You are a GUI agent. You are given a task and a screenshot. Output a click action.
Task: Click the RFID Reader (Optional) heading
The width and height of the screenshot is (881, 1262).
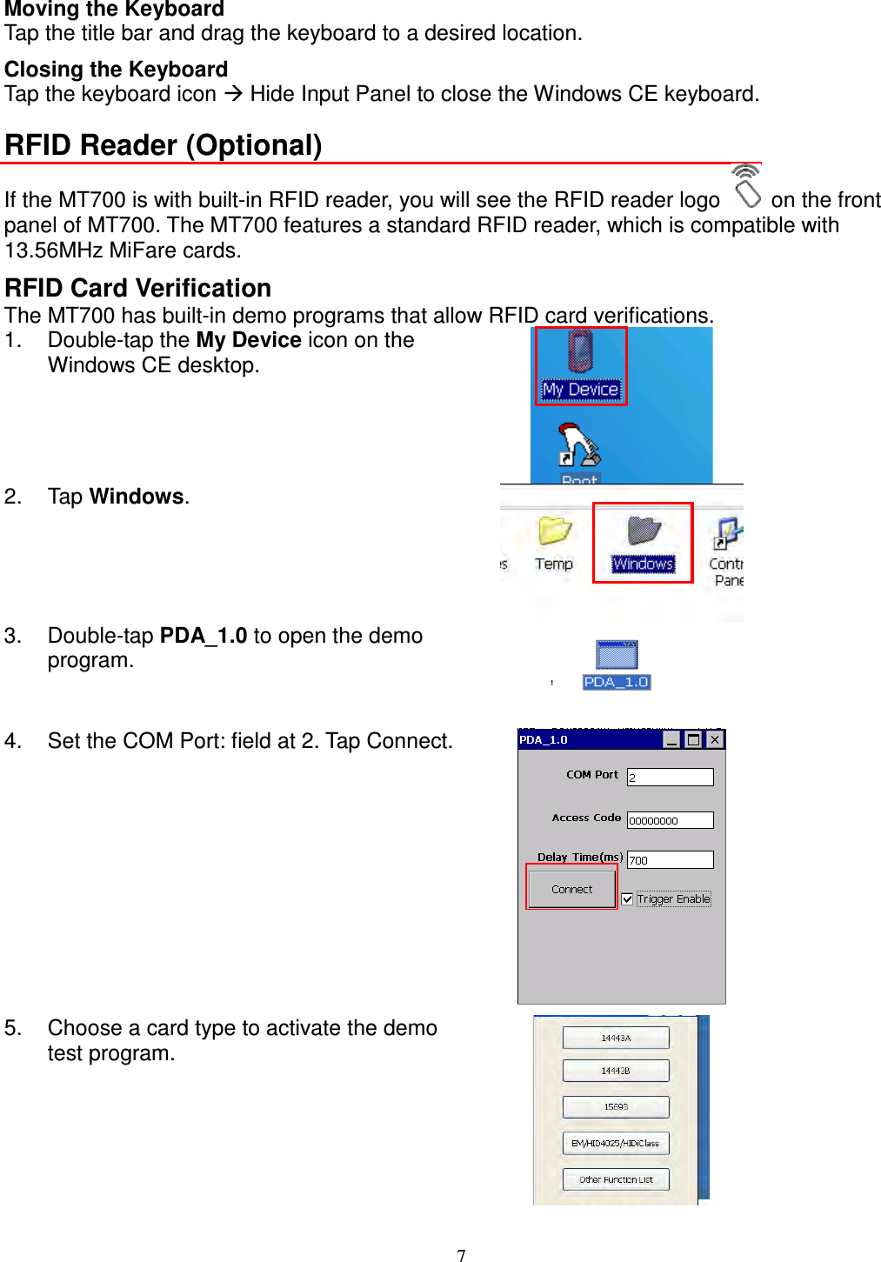[164, 145]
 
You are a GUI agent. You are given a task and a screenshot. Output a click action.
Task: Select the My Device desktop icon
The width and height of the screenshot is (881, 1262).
[580, 365]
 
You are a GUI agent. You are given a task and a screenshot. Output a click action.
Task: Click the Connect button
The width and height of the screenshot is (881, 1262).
[571, 889]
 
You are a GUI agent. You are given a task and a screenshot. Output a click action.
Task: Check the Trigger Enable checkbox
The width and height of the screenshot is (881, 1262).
[627, 899]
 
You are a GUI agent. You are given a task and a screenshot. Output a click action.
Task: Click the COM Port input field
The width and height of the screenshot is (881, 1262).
[670, 777]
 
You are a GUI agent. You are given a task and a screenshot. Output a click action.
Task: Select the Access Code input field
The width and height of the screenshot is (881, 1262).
[670, 820]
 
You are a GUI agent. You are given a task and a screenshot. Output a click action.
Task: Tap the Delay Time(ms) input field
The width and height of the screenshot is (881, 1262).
[670, 859]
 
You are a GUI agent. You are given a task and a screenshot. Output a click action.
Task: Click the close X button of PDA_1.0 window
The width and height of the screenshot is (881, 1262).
[714, 739]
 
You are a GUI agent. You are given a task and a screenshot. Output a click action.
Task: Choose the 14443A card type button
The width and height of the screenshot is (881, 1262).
[616, 1038]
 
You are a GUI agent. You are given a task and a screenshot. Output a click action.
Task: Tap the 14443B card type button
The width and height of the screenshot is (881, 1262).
[616, 1071]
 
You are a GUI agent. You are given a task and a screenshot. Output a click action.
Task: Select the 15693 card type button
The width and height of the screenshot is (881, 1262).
[616, 1106]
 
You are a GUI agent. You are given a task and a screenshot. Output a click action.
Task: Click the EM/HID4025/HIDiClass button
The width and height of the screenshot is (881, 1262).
[616, 1143]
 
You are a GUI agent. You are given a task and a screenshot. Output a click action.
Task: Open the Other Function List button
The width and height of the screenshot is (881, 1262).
[616, 1179]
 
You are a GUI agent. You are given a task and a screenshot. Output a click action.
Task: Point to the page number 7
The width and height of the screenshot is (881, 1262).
[461, 1255]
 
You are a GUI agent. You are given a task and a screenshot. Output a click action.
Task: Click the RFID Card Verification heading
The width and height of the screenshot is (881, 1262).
[138, 288]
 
